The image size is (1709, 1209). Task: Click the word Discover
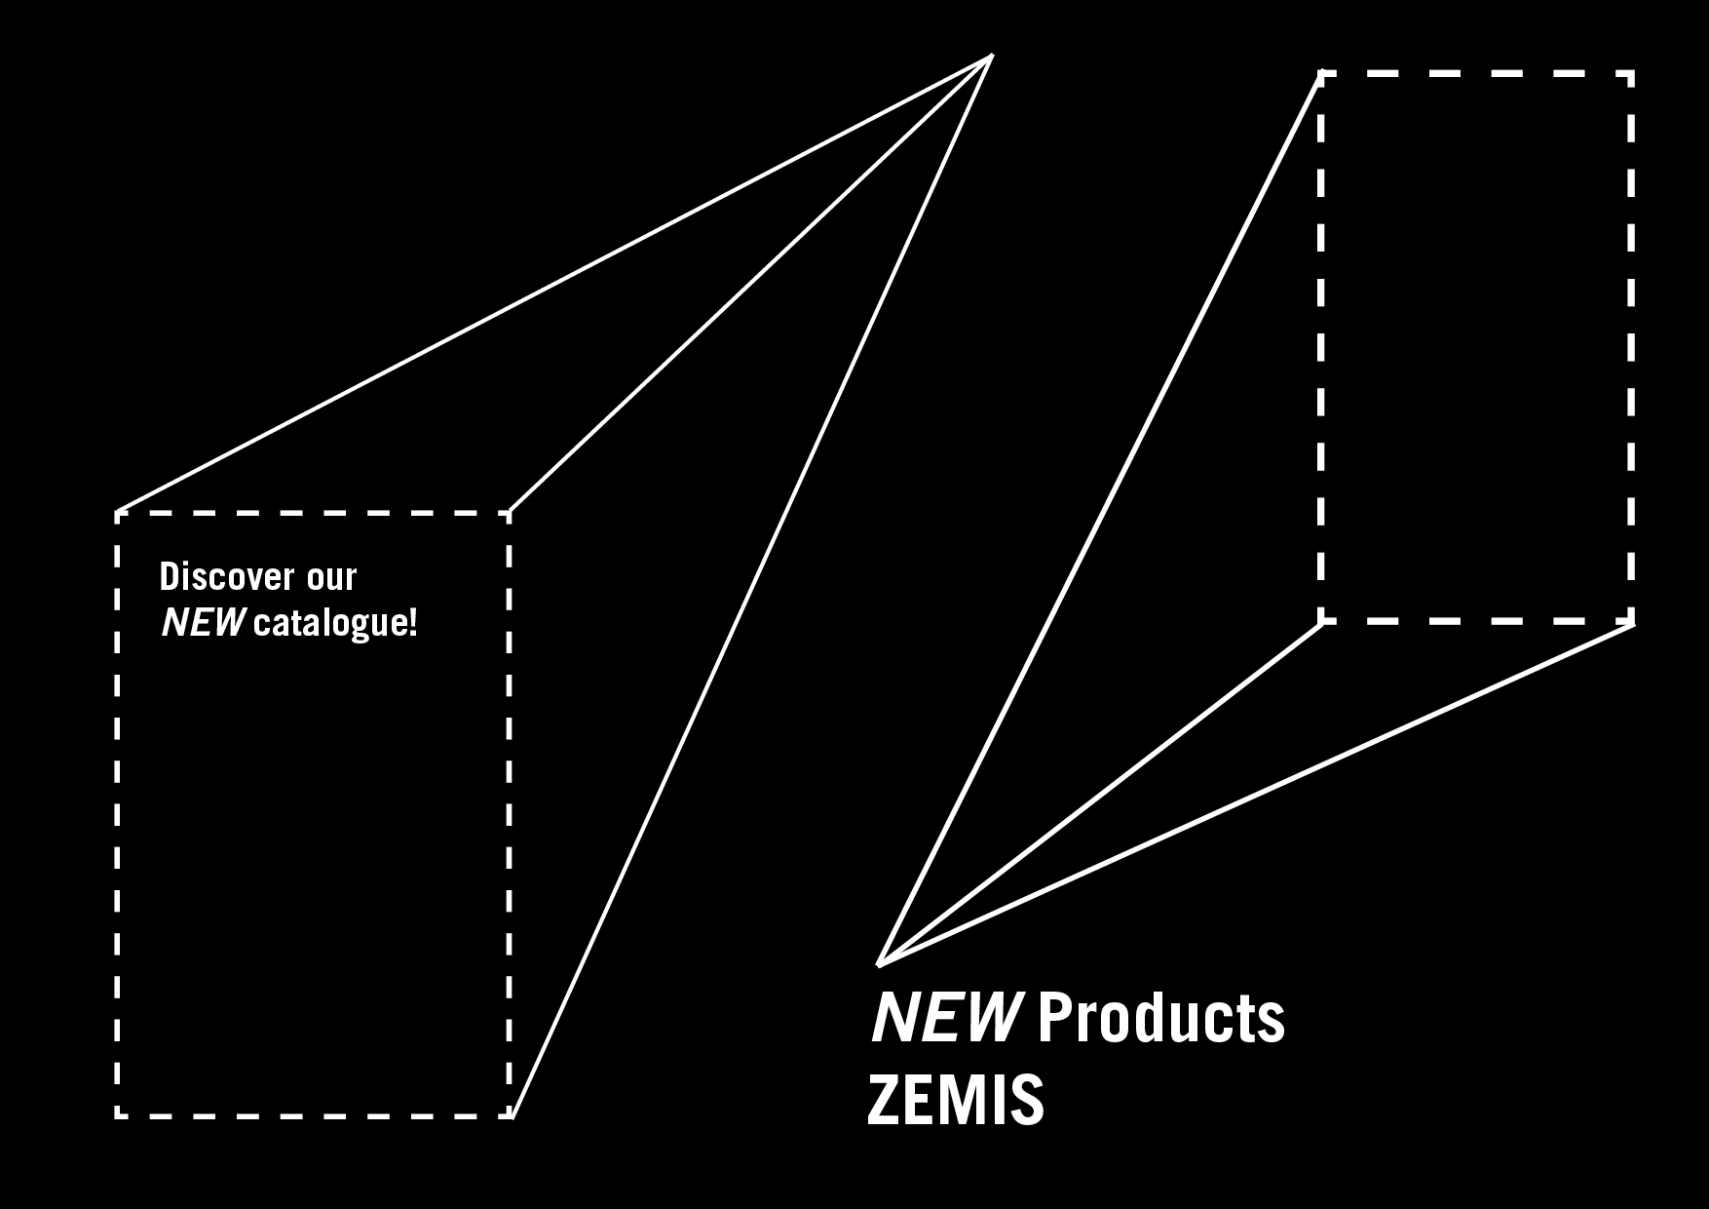pos(227,577)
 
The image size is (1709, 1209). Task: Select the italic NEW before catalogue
pos(203,623)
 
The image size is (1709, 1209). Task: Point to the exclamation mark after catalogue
pos(413,623)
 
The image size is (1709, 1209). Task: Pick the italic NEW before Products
pos(945,1017)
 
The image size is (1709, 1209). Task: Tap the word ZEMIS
pos(955,1101)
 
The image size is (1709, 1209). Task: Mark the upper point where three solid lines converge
pos(991,56)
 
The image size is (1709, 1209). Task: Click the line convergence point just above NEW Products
pos(879,964)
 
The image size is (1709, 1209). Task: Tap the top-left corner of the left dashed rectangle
pos(117,513)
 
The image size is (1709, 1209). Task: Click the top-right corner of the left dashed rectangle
pos(510,512)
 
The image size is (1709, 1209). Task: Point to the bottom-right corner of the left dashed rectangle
pos(511,1114)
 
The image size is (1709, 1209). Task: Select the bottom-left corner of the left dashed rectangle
pos(117,1114)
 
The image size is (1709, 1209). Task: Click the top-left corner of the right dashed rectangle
pos(1321,73)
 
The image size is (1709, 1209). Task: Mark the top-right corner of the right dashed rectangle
pos(1631,73)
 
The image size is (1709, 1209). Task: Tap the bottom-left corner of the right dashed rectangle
pos(1321,620)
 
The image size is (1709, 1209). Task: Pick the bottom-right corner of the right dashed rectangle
pos(1631,620)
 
